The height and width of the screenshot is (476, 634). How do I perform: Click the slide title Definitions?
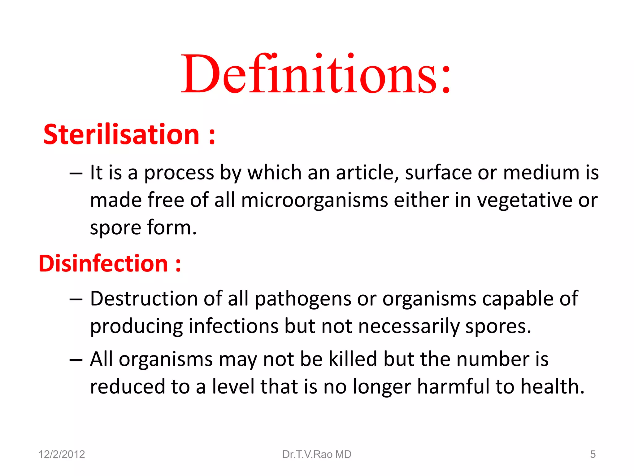(x=316, y=74)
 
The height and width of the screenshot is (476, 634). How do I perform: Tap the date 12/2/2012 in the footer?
(x=62, y=454)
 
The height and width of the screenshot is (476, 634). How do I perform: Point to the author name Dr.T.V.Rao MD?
(x=317, y=454)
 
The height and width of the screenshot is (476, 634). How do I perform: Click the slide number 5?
(x=593, y=454)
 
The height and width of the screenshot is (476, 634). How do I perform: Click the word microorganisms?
(x=315, y=200)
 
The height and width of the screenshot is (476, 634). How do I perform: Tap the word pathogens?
(x=303, y=299)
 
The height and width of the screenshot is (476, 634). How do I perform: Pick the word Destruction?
(x=144, y=299)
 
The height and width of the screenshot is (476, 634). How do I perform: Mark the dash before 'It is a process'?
(x=76, y=173)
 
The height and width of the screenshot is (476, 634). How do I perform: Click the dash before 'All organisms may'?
(x=76, y=359)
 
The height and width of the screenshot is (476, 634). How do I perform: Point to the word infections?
(x=234, y=327)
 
